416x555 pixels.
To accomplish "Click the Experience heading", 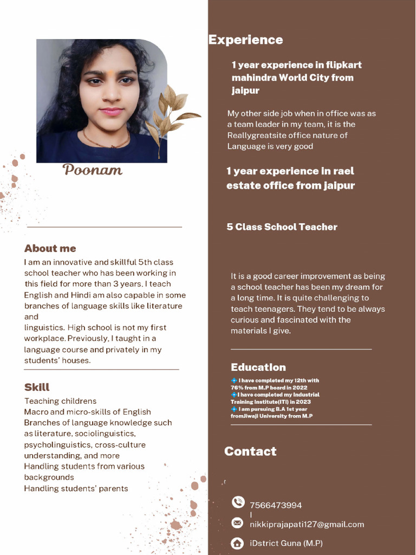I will (x=245, y=40).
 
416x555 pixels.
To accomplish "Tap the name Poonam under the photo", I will (x=93, y=170).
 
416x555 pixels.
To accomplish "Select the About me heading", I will (x=50, y=248).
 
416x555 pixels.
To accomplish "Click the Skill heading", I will (x=37, y=387).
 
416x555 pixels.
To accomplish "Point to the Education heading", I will (x=258, y=367).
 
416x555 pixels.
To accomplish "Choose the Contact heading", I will (x=250, y=451).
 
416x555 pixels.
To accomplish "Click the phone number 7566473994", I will (x=276, y=505).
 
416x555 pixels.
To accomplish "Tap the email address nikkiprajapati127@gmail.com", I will (x=307, y=524).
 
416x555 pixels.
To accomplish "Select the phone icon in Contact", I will (x=238, y=502).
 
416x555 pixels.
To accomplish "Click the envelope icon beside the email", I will (x=237, y=523).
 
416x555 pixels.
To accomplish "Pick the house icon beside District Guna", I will (x=237, y=543).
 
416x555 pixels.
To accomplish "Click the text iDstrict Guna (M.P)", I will (x=286, y=543).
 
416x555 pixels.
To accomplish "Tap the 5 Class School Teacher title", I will (x=282, y=227).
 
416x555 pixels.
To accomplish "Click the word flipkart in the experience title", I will (x=343, y=65).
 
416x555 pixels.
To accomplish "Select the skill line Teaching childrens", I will (x=60, y=401).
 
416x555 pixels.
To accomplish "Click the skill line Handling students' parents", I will (x=76, y=488).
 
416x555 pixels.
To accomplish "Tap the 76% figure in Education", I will (x=238, y=388).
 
